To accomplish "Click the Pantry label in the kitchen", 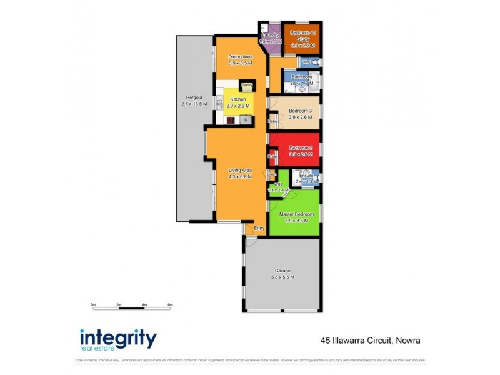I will pos(247,86).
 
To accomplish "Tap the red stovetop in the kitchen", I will pos(231,119).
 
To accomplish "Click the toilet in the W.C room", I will pos(317,63).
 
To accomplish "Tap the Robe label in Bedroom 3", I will pos(272,121).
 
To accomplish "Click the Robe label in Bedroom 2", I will pos(272,156).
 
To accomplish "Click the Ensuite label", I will pos(306,176).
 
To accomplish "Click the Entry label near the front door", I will pos(259,229).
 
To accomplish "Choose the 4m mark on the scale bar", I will pos(144,304).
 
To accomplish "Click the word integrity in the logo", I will pos(118,337).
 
